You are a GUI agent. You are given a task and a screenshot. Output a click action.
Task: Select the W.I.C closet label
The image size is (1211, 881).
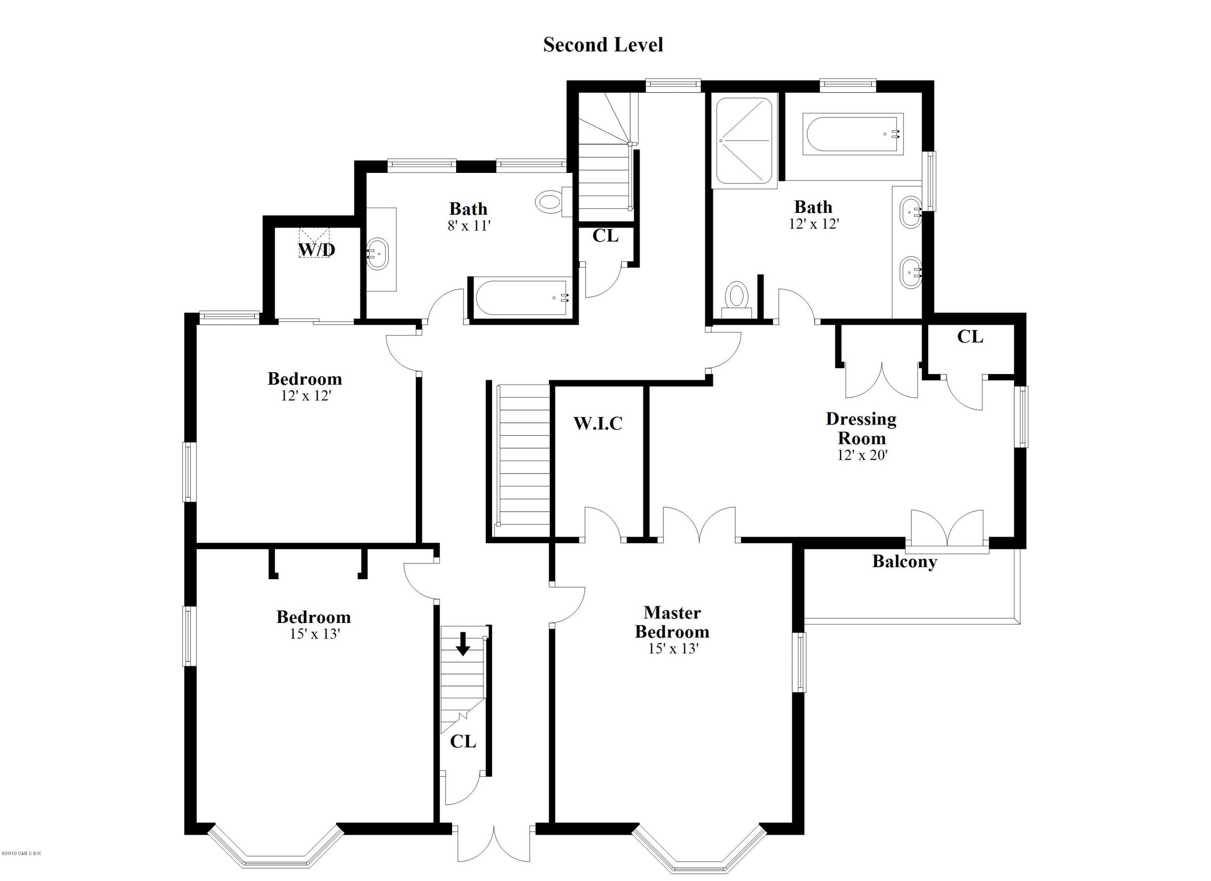[598, 423]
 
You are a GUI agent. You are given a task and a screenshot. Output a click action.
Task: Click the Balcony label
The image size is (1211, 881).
[905, 561]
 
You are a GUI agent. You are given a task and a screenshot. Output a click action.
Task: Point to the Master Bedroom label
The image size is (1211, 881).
[672, 622]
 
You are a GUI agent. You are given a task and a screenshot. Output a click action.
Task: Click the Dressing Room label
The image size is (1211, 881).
[861, 429]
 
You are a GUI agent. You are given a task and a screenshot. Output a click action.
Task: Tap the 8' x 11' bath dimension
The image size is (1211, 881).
[469, 226]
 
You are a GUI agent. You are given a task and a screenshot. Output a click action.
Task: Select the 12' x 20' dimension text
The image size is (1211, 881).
[862, 455]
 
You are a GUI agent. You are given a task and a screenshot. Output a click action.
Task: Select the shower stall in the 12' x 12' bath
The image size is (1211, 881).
[744, 140]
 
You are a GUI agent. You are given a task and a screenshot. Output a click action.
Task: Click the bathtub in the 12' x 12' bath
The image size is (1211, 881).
[853, 134]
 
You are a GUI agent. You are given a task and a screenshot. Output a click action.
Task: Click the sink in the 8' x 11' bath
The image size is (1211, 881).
[379, 255]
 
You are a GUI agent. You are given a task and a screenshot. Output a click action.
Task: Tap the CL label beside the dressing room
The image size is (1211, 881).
[970, 336]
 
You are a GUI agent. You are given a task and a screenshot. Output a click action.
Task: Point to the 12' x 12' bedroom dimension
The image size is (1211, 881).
[306, 396]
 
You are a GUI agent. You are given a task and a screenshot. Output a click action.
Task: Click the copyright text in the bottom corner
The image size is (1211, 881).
[21, 868]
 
